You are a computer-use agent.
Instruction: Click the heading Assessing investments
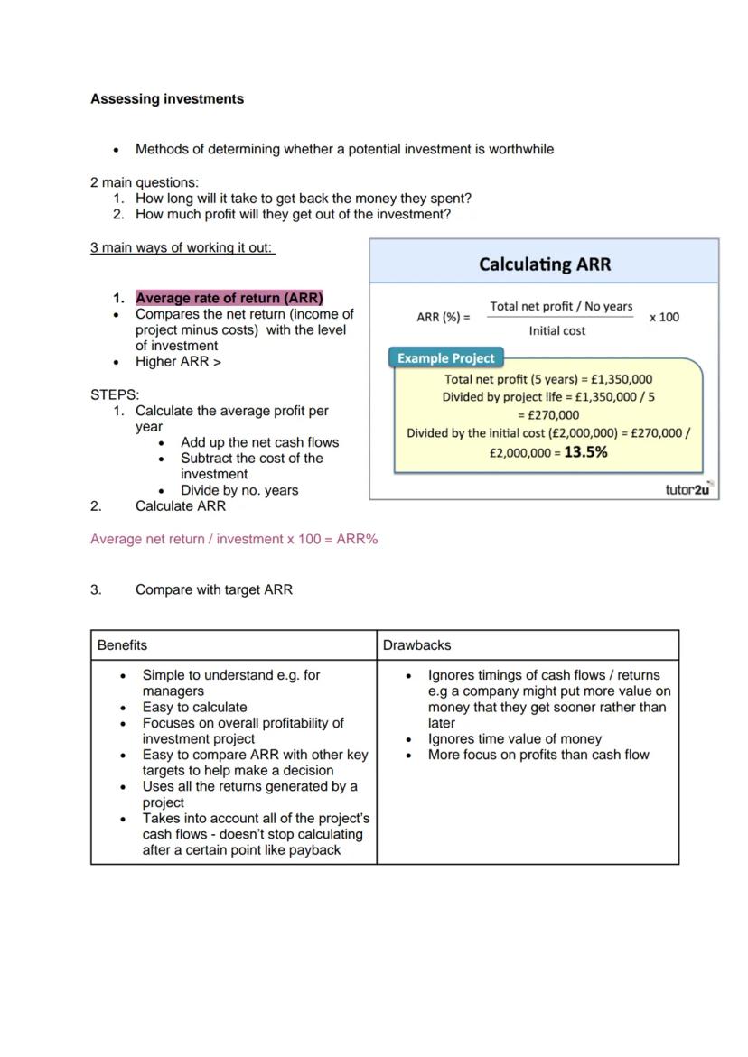(167, 99)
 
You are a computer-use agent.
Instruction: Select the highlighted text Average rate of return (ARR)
(229, 298)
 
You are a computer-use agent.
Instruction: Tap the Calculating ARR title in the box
(544, 264)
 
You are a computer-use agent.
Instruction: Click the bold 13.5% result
(585, 452)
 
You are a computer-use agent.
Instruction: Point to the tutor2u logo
(687, 489)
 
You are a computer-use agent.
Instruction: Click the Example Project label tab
(446, 358)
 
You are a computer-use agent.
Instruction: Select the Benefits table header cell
(123, 645)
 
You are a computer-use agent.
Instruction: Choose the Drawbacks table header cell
(416, 645)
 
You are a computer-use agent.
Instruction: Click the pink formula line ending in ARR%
(234, 539)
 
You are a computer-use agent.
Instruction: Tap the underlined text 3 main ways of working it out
(182, 247)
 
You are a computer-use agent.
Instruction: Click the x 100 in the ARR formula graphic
(664, 317)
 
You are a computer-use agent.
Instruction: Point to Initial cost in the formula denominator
(557, 331)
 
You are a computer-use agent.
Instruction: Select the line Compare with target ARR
(214, 589)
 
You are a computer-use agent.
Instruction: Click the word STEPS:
(115, 394)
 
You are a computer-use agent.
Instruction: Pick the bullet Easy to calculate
(194, 707)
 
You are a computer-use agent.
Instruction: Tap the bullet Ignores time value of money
(515, 738)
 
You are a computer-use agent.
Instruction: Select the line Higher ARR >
(178, 361)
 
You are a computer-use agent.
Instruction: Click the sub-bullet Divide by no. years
(239, 490)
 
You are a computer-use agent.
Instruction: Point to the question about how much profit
(293, 214)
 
